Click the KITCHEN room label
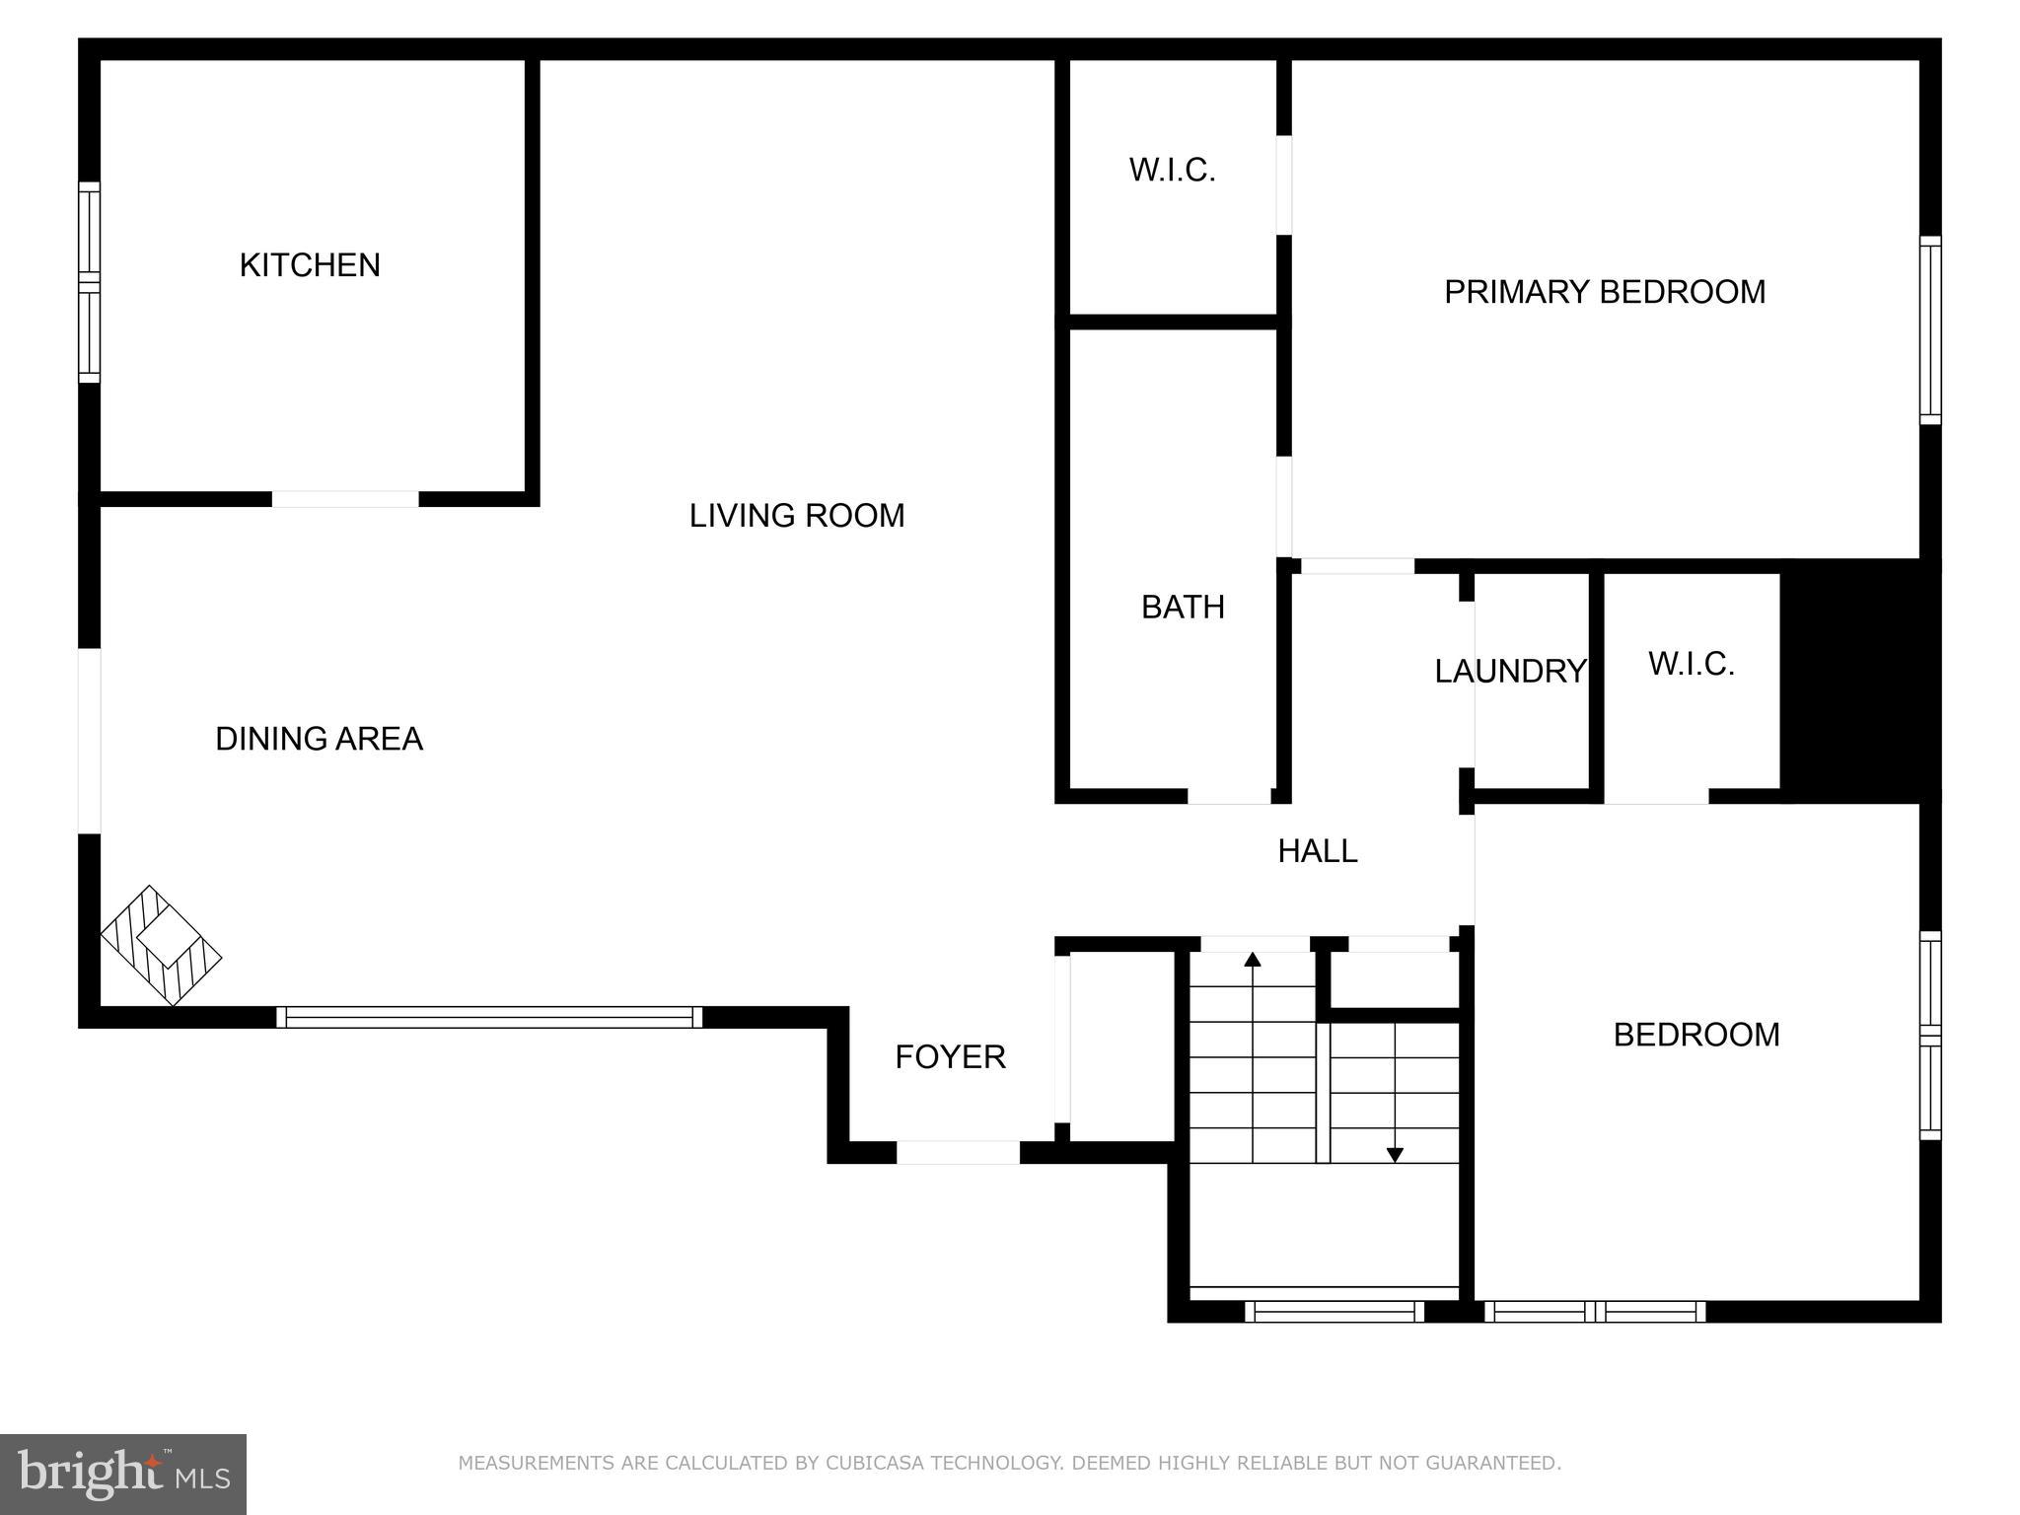(310, 265)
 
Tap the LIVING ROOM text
(796, 516)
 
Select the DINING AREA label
(319, 739)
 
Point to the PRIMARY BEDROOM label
(1605, 292)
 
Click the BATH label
(1183, 608)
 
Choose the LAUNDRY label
(1510, 672)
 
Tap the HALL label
(1317, 851)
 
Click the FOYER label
(950, 1057)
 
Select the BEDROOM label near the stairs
(1696, 1035)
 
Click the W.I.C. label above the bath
(1172, 171)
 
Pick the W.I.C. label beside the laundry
(1691, 665)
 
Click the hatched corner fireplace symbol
(161, 945)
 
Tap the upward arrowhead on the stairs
(1253, 959)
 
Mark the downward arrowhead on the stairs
(1395, 1155)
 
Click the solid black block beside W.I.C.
(1858, 681)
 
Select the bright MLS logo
(122, 1474)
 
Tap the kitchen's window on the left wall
(90, 283)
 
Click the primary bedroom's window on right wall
(1930, 330)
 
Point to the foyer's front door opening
(958, 1152)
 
